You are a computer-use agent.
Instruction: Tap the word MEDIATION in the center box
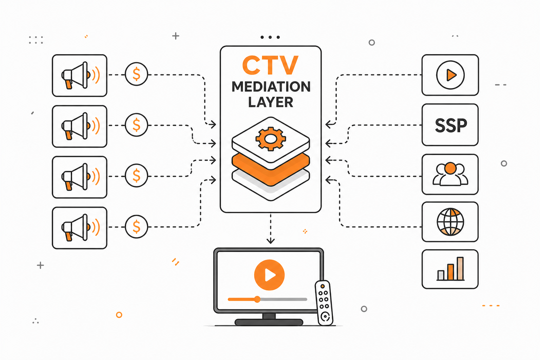pyautogui.click(x=271, y=86)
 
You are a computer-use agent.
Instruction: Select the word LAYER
pyautogui.click(x=270, y=102)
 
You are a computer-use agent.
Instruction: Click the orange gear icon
pyautogui.click(x=271, y=139)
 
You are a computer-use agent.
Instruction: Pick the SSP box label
pyautogui.click(x=451, y=126)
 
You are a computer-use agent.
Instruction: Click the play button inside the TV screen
pyautogui.click(x=269, y=275)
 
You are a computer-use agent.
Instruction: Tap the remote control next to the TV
pyautogui.click(x=324, y=303)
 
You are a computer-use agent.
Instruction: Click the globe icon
pyautogui.click(x=450, y=221)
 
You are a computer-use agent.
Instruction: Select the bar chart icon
pyautogui.click(x=450, y=269)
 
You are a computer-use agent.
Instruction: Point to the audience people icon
pyautogui.click(x=450, y=174)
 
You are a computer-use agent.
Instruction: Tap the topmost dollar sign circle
pyautogui.click(x=136, y=74)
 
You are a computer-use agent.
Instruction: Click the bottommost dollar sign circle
pyautogui.click(x=136, y=227)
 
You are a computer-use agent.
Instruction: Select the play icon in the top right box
pyautogui.click(x=450, y=75)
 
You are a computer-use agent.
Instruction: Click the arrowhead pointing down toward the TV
pyautogui.click(x=270, y=240)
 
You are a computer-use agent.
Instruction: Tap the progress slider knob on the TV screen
pyautogui.click(x=257, y=299)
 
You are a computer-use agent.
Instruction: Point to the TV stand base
pyautogui.click(x=269, y=322)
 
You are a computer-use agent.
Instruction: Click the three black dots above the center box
pyautogui.click(x=270, y=37)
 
